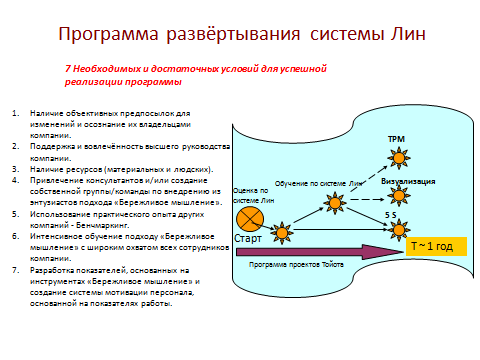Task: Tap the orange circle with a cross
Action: [x=247, y=219]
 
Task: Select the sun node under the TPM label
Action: [x=398, y=155]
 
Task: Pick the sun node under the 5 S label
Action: [x=397, y=230]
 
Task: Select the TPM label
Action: [x=395, y=137]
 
